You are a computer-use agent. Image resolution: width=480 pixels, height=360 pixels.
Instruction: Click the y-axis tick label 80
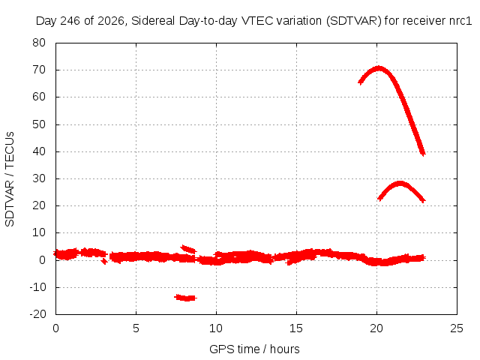click(x=39, y=43)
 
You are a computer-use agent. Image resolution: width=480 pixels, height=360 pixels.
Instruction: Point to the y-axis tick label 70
click(x=39, y=70)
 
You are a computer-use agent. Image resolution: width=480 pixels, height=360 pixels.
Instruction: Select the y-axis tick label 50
click(x=39, y=124)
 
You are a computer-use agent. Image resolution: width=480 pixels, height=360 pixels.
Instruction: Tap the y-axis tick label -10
click(x=37, y=287)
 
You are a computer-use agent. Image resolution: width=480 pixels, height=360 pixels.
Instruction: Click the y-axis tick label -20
click(x=37, y=313)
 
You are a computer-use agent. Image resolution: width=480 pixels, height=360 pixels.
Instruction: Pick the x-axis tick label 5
click(x=136, y=328)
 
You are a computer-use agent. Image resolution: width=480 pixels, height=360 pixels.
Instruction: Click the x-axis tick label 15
click(x=296, y=328)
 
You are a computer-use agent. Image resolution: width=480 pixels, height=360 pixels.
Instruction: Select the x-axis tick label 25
click(x=457, y=328)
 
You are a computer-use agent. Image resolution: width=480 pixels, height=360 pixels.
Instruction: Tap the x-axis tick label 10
click(x=216, y=328)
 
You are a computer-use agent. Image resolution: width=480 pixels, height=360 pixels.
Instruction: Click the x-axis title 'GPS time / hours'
click(x=254, y=349)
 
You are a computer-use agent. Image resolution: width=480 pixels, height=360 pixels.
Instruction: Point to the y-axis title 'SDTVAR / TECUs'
click(x=10, y=179)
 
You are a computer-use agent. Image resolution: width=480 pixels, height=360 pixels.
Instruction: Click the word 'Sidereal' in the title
click(x=153, y=21)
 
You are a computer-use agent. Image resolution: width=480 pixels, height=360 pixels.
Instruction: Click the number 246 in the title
click(x=70, y=21)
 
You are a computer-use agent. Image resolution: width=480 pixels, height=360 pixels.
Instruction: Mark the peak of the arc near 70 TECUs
click(x=379, y=68)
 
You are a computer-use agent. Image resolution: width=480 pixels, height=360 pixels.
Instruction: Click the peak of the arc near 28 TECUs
click(x=400, y=184)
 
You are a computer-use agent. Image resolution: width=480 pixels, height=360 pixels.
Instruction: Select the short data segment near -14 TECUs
click(x=186, y=298)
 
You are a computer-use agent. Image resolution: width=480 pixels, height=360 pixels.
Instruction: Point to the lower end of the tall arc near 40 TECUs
click(x=423, y=154)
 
